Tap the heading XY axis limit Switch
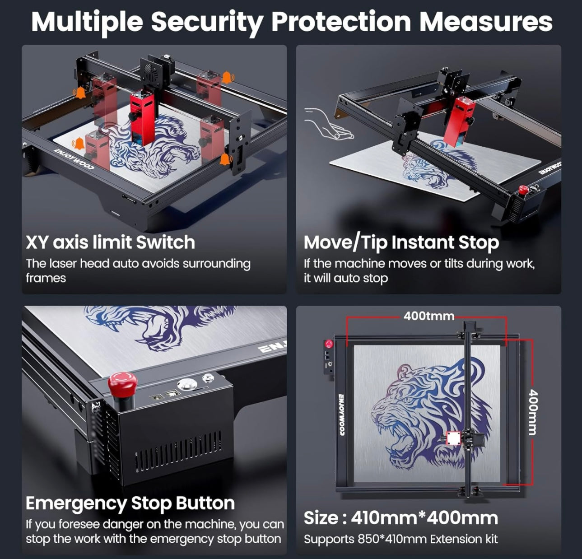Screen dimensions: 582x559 [x=110, y=242]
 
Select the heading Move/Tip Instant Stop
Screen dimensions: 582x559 [x=401, y=243]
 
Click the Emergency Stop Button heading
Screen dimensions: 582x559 [x=130, y=503]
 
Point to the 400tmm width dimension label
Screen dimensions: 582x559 [x=429, y=316]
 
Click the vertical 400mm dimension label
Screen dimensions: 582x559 [x=533, y=412]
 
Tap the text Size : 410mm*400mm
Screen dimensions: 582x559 [x=401, y=518]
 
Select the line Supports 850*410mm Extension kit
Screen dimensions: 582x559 [x=401, y=539]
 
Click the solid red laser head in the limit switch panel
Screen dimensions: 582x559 [x=142, y=117]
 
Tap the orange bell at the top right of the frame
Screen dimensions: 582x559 [x=227, y=77]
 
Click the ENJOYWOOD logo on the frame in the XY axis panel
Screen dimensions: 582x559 [x=73, y=159]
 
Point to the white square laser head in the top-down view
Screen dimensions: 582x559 [x=454, y=438]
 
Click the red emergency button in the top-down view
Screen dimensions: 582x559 [x=329, y=344]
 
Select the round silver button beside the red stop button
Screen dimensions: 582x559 [x=186, y=384]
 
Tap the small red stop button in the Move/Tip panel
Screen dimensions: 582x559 [x=523, y=189]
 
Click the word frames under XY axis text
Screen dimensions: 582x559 [x=46, y=278]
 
